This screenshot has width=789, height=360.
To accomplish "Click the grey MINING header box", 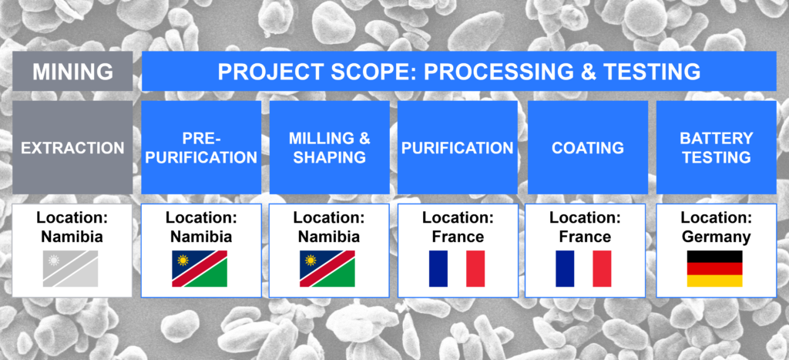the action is tap(72, 71).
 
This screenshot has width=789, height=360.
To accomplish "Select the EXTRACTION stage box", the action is tap(72, 147).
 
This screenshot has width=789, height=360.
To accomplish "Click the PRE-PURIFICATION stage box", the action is tap(201, 147).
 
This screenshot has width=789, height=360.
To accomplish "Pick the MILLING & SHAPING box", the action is tap(330, 147).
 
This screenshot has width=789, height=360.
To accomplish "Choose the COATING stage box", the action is tap(588, 147).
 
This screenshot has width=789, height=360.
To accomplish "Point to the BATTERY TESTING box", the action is tap(716, 147).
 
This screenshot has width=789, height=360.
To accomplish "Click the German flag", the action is tap(714, 269).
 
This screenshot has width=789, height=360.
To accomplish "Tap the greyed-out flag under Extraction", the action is tap(70, 269).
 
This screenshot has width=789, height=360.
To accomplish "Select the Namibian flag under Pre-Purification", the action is tap(200, 269).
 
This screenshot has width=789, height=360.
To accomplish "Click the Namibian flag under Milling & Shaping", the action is tap(327, 269).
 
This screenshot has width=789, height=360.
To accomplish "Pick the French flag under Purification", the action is tap(457, 269).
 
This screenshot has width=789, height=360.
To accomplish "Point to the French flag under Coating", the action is tap(584, 269).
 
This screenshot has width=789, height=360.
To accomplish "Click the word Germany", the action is tap(716, 237).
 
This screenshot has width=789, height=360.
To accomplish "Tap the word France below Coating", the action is tap(585, 237).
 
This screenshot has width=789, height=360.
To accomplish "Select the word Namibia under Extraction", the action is tap(72, 237).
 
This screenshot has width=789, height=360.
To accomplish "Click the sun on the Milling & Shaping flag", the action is tap(311, 261).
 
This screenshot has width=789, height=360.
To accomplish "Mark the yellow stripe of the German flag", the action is tap(714, 281).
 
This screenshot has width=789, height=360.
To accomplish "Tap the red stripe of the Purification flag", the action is tap(475, 269).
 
